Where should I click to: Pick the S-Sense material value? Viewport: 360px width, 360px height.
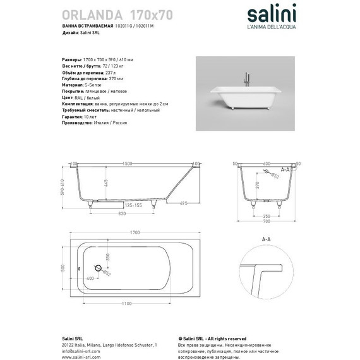(95, 83)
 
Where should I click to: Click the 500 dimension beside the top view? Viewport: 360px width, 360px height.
(60, 267)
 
